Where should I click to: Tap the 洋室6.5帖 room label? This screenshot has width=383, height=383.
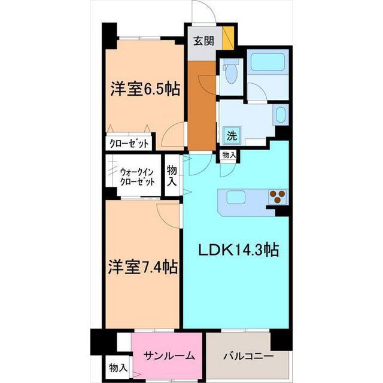pyautogui.click(x=144, y=89)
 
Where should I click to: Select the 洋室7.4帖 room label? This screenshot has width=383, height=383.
pyautogui.click(x=142, y=265)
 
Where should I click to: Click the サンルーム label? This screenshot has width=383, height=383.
pyautogui.click(x=169, y=355)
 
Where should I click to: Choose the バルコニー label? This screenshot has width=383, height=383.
pyautogui.click(x=248, y=355)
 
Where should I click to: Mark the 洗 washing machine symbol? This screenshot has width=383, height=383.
pyautogui.click(x=231, y=135)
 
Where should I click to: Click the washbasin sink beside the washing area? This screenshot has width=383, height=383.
pyautogui.click(x=281, y=114)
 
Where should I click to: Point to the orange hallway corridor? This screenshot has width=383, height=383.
pyautogui.click(x=201, y=108)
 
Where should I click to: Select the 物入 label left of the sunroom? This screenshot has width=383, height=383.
pyautogui.click(x=118, y=367)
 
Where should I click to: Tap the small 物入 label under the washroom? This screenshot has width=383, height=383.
pyautogui.click(x=229, y=155)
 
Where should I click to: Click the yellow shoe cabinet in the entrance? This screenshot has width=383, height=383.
pyautogui.click(x=227, y=38)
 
